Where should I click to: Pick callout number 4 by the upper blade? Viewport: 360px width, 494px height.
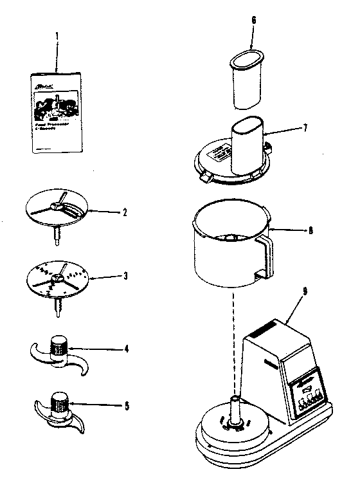tap(127, 349)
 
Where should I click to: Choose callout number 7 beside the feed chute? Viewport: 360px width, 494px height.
tap(305, 127)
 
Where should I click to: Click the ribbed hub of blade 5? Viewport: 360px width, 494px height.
tap(60, 404)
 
